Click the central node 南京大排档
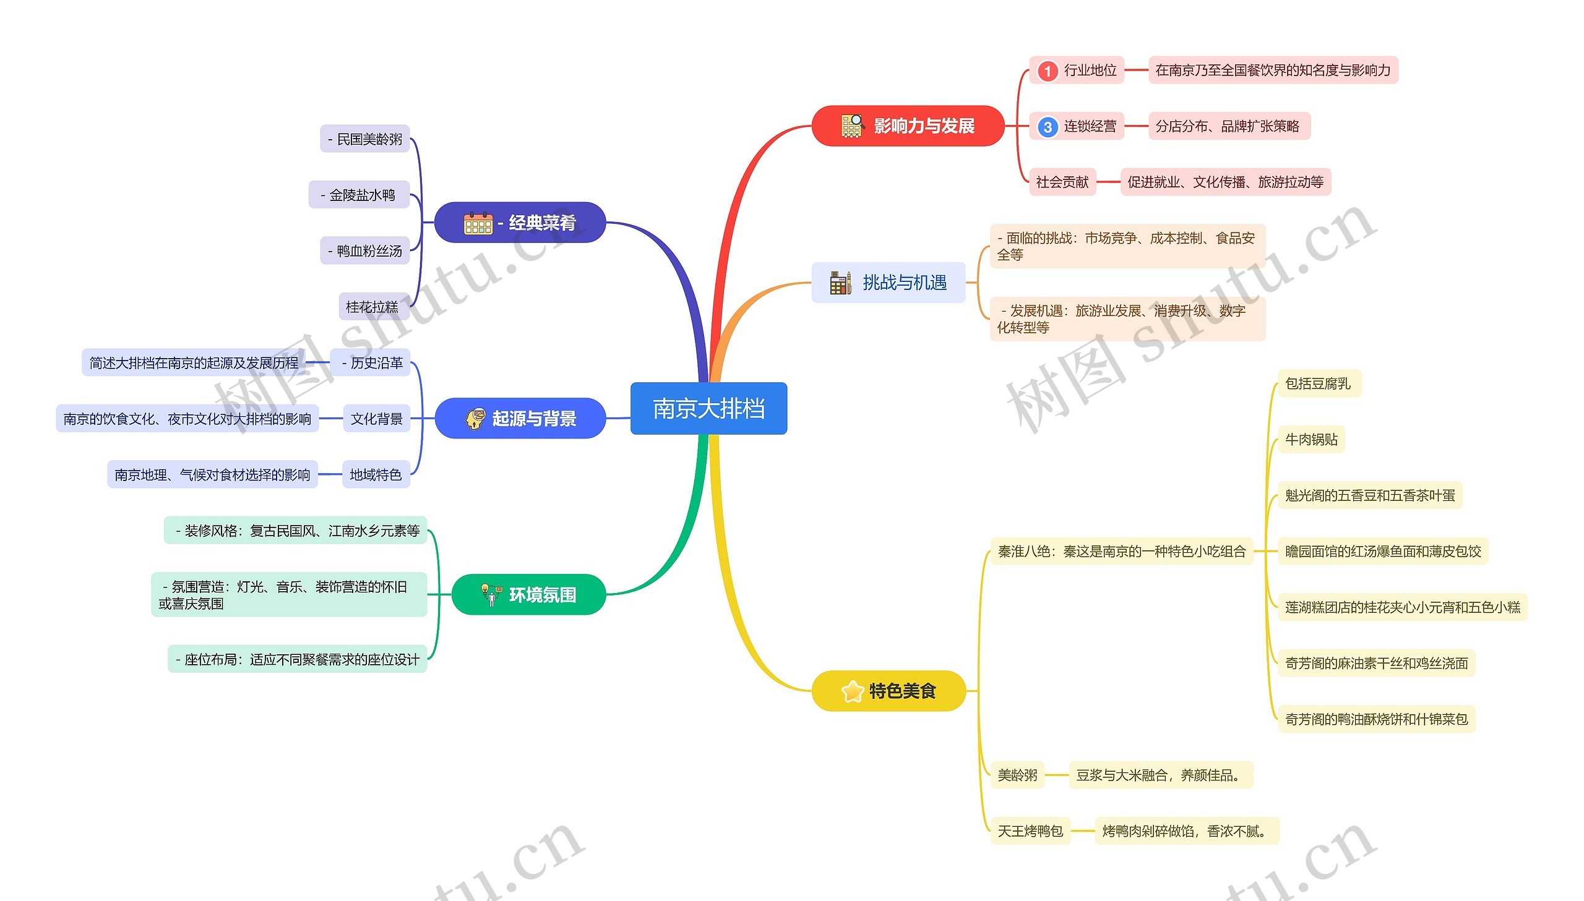click(708, 408)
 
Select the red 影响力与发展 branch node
click(908, 126)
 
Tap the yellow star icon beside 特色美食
click(853, 691)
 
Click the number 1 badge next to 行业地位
click(1047, 70)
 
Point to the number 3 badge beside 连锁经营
click(1047, 127)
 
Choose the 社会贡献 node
click(1062, 182)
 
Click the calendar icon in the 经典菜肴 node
click(478, 223)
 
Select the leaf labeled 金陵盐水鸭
click(359, 195)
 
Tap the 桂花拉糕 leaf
click(372, 307)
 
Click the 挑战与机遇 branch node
click(889, 283)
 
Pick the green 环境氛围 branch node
click(528, 595)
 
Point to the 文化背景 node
click(376, 419)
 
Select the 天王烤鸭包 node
click(1030, 831)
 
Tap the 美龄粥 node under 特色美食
click(1017, 775)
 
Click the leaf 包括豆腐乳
click(1318, 383)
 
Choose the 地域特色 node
click(376, 475)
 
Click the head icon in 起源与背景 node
click(475, 419)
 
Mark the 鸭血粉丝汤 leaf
click(365, 250)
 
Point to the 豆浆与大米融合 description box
click(1160, 775)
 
